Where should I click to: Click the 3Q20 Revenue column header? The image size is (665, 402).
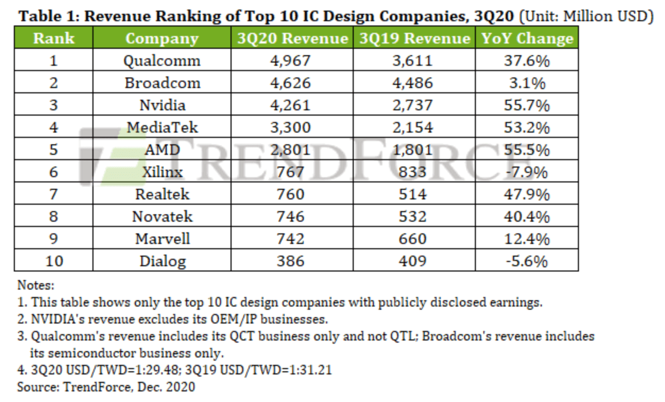point(292,39)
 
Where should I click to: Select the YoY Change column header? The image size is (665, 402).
point(527,39)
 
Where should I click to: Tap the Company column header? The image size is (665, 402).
point(161,39)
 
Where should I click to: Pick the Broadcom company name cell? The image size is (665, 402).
point(163,83)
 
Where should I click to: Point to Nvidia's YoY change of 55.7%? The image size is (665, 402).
point(526,106)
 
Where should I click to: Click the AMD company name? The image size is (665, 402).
point(163,150)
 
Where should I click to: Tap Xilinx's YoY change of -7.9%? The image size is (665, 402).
point(526,172)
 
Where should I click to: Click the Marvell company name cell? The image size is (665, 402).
point(163,239)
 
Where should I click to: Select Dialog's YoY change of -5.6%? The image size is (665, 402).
point(526,261)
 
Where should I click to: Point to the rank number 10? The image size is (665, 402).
point(53,261)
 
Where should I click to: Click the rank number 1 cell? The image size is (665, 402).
point(53,61)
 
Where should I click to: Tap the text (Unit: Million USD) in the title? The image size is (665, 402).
point(586,16)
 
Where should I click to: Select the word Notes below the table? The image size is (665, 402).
point(36,285)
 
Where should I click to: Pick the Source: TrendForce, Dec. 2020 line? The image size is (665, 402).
point(106,387)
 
